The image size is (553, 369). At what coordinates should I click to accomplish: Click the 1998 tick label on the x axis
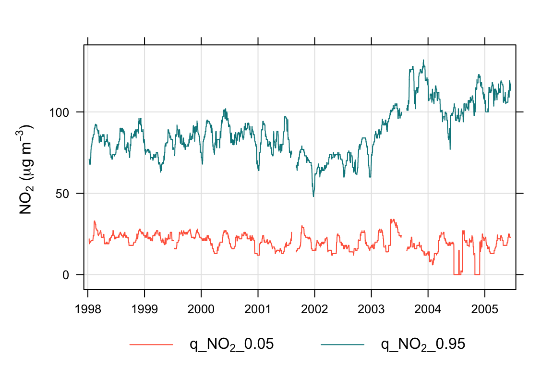88,307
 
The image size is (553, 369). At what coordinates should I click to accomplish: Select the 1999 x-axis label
144,307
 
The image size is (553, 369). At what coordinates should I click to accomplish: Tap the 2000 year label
201,307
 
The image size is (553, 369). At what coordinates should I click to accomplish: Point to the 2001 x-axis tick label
258,307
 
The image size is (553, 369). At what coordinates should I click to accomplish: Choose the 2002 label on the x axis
315,307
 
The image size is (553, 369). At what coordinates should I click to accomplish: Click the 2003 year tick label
372,307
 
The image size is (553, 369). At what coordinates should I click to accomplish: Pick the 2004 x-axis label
428,307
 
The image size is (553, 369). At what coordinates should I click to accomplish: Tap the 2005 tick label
485,307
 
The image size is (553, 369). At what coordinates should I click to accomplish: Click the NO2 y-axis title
26,169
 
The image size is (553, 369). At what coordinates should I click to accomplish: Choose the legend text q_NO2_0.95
423,344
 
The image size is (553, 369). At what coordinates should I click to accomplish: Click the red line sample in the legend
151,344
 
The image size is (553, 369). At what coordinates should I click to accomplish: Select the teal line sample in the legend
342,344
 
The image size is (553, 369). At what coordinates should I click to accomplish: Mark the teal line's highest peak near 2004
423,60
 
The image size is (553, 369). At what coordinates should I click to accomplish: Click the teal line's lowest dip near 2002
313,196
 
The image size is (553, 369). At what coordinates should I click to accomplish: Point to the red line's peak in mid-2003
392,220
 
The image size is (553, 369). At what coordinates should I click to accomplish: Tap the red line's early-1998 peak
94,221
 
